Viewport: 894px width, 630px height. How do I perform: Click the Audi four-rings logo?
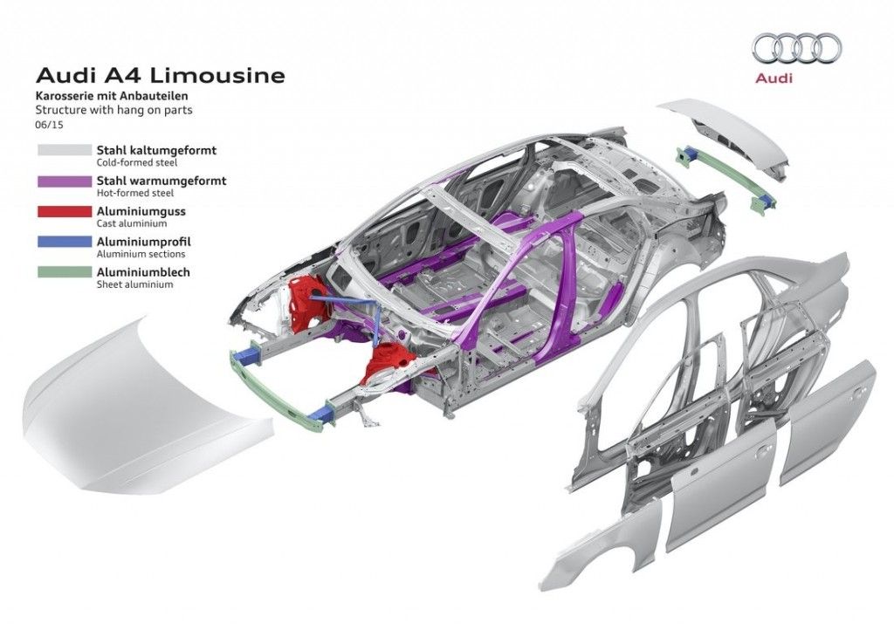click(796, 49)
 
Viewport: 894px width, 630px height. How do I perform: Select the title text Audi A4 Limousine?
click(160, 76)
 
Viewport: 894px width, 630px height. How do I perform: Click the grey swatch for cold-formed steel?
click(64, 151)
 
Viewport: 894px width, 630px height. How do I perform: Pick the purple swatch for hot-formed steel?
click(64, 181)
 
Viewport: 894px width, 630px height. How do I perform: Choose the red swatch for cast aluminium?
click(64, 212)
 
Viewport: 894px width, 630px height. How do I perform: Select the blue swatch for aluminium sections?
click(64, 243)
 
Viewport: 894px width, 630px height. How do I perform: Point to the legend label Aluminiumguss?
click(141, 211)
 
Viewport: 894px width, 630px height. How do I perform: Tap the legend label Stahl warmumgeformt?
click(162, 181)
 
